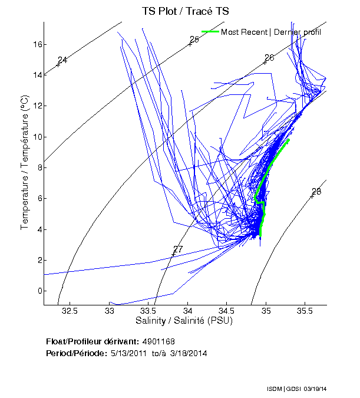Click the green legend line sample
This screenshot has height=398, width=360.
pos(210,32)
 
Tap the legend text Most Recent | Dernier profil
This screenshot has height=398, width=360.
pos(271,32)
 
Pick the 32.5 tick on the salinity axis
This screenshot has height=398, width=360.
pos(70,311)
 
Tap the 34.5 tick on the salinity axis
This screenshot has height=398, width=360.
pos(227,311)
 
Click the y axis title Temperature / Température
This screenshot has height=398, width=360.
pos(25,163)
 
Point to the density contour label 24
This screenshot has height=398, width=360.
pos(62,60)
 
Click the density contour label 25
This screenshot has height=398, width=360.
pos(194,40)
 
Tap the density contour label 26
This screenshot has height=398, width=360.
pos(269,57)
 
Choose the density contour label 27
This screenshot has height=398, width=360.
pos(178,249)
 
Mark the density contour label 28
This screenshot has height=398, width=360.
pos(316,192)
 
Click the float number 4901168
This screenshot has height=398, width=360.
pos(158,341)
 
